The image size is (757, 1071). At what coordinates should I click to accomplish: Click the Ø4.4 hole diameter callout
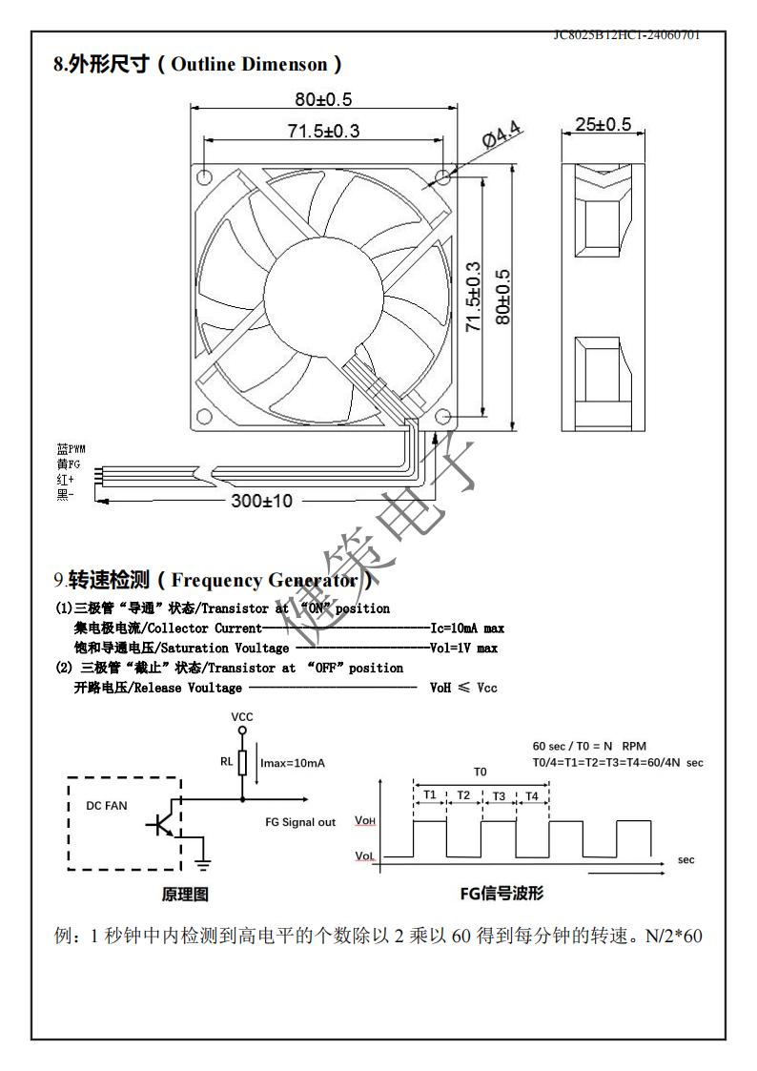pos(500,136)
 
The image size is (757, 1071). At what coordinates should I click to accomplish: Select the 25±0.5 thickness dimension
pos(603,125)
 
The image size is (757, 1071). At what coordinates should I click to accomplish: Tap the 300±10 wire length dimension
pos(262,501)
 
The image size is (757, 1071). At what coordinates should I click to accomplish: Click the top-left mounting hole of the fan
pos(204,176)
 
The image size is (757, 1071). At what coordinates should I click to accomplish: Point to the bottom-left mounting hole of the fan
pos(203,416)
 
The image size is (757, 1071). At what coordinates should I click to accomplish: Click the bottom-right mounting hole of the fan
pos(443,417)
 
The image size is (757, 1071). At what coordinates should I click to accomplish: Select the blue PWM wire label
pos(72,447)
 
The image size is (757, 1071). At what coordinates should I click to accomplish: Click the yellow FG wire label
pos(69,463)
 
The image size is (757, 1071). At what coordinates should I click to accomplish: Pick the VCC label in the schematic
pos(242,715)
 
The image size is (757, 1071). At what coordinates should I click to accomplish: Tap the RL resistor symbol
pos(242,762)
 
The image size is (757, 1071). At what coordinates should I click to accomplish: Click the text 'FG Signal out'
pos(300,822)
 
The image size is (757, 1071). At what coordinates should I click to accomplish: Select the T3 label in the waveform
pos(499,795)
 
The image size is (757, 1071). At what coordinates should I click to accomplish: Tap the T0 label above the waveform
pos(481,771)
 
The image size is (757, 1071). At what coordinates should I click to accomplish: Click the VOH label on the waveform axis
pos(364,820)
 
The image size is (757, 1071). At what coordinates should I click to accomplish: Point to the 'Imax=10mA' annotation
pos(293,763)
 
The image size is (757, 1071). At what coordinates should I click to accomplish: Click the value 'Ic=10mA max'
pos(467,628)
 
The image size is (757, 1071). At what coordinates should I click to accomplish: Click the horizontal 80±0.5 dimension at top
pos(323,99)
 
